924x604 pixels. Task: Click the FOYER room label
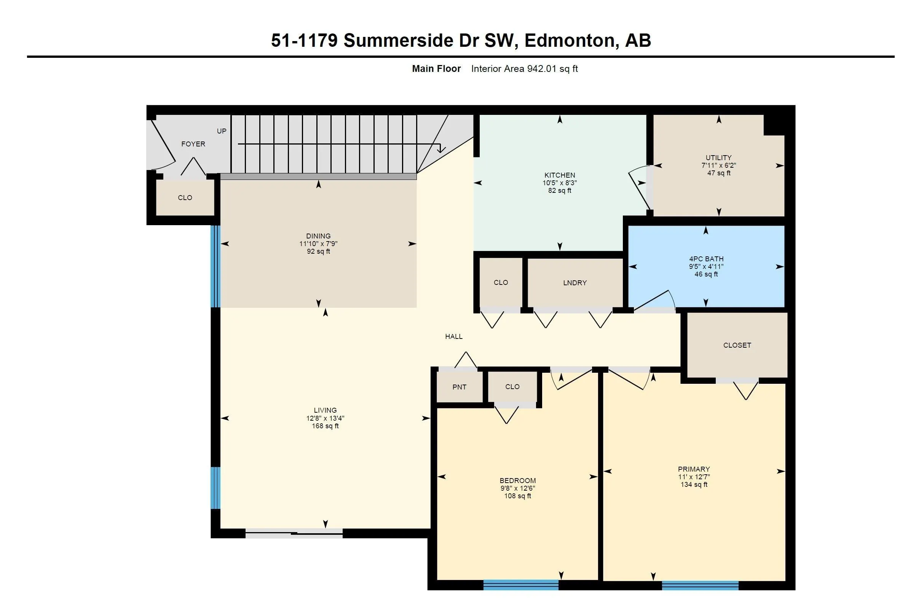[x=193, y=144]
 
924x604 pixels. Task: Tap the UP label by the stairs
[x=222, y=131]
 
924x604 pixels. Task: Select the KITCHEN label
[x=559, y=175]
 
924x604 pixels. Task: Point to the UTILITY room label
[x=719, y=157]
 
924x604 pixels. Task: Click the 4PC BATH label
[x=706, y=259]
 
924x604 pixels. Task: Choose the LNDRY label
[x=575, y=283]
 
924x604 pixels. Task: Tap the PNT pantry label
[x=459, y=387]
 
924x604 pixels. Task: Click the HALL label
[x=454, y=336]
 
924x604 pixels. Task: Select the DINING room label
[x=318, y=236]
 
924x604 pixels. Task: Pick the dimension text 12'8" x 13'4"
[x=326, y=418]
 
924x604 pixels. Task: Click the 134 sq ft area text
[x=694, y=485]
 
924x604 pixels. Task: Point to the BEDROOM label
[x=517, y=480]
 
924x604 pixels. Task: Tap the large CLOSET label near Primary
[x=737, y=345]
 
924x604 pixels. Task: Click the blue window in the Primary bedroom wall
[x=700, y=585]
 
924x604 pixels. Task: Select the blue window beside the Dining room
[x=215, y=266]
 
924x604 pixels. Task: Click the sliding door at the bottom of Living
[x=294, y=533]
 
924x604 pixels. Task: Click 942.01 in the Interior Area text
[x=541, y=69]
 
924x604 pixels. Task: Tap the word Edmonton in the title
[x=572, y=41]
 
